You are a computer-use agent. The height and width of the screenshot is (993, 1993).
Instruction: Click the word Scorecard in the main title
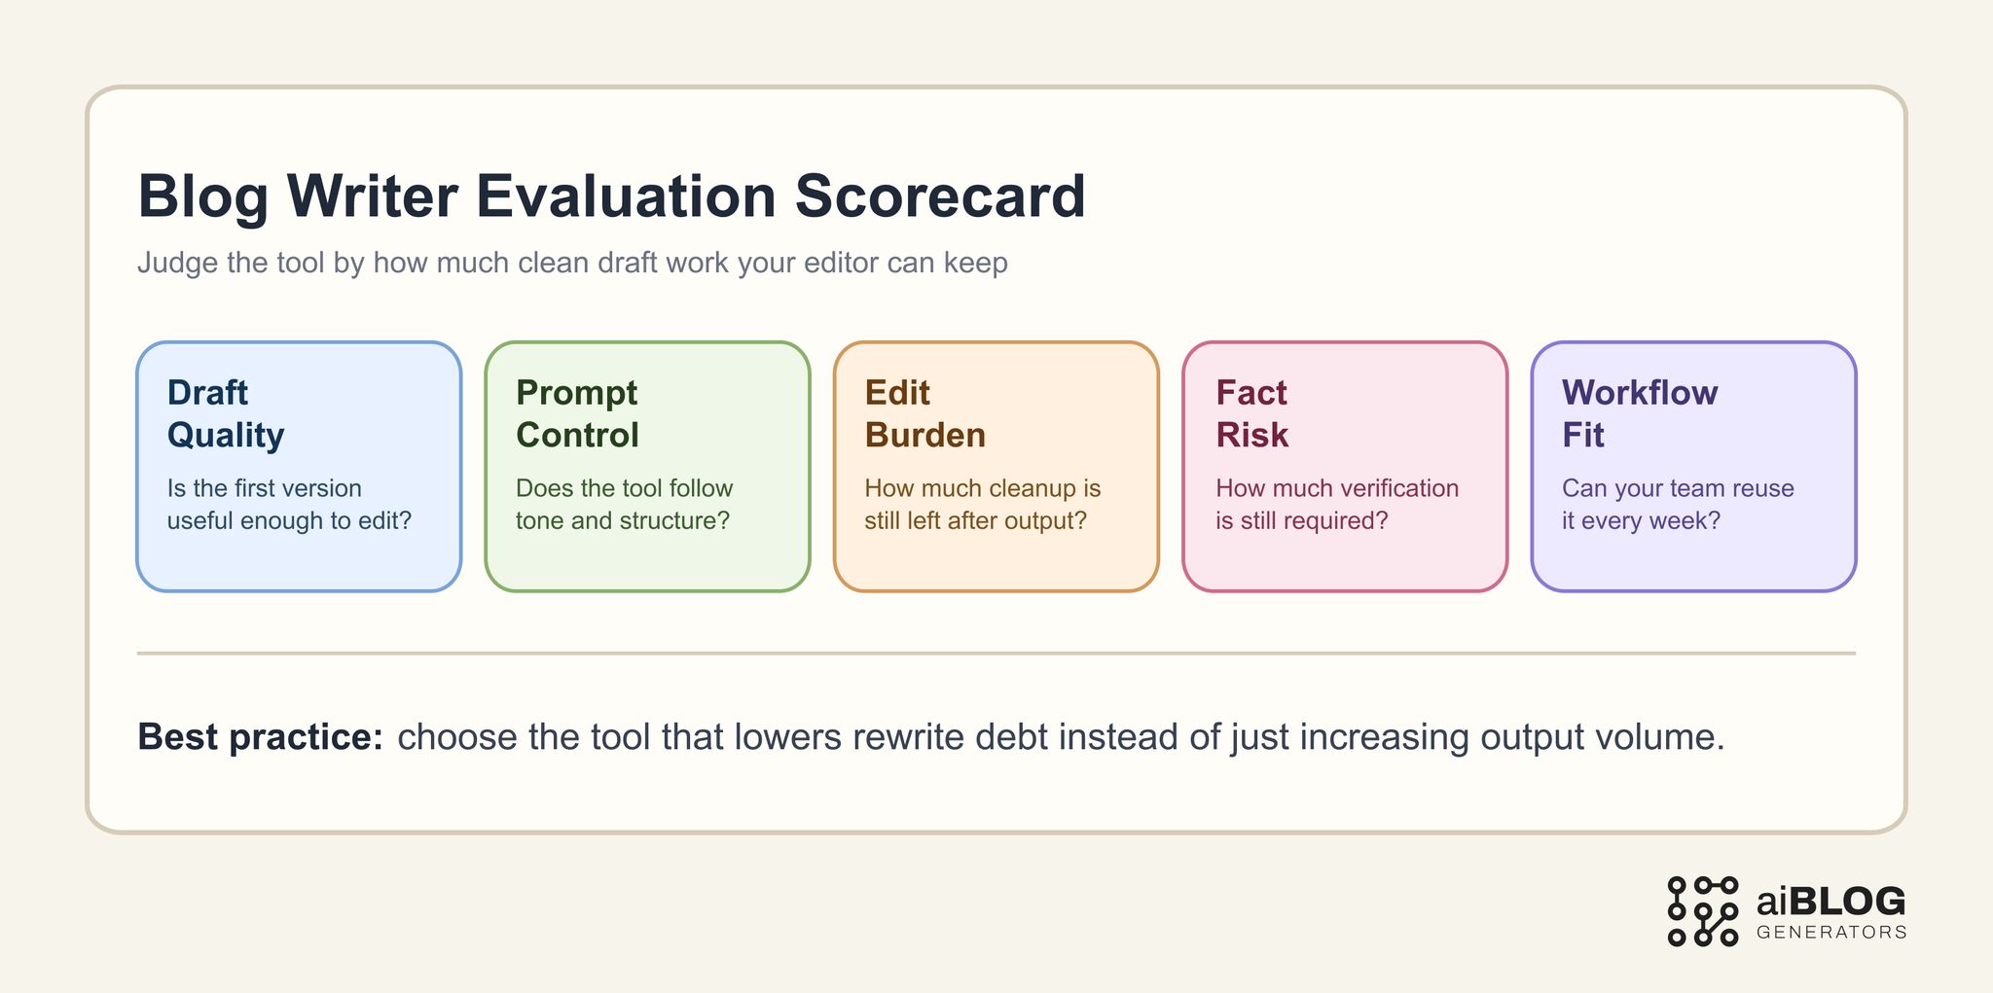pos(939,196)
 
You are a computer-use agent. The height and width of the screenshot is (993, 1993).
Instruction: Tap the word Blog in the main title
pos(202,196)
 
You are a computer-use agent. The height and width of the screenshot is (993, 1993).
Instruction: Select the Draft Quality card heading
pos(226,413)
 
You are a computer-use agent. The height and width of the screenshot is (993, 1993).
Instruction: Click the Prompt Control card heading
pos(577,413)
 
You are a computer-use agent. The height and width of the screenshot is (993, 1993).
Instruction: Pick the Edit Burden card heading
pos(924,413)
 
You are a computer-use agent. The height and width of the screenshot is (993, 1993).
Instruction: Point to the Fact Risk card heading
pos(1251,413)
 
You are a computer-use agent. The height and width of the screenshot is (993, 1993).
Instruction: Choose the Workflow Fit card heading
pos(1640,413)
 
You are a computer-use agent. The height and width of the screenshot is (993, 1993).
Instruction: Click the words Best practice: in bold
pos(261,737)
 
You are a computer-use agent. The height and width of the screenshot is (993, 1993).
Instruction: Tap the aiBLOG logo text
pos(1830,902)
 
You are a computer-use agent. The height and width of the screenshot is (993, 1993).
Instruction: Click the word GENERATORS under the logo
pos(1830,933)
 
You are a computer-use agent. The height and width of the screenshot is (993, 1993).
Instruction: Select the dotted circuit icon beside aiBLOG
pos(1702,911)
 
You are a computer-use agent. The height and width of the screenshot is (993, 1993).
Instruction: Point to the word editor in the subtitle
pos(837,263)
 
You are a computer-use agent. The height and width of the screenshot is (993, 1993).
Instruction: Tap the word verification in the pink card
pos(1398,488)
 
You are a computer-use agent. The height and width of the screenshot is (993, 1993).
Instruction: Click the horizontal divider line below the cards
pos(996,654)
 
